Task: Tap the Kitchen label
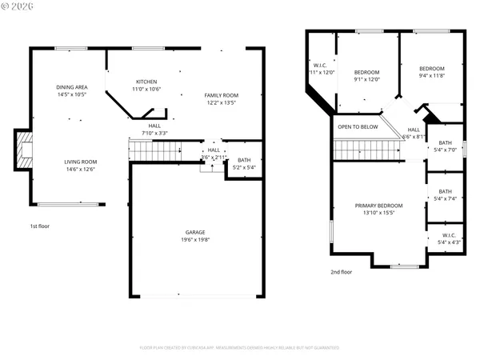pos(146,82)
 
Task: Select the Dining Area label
pos(71,87)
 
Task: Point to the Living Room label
pos(81,162)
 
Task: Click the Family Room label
pos(222,95)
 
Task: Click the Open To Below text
pos(358,126)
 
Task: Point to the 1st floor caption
pos(40,226)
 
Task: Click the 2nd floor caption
pos(342,272)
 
